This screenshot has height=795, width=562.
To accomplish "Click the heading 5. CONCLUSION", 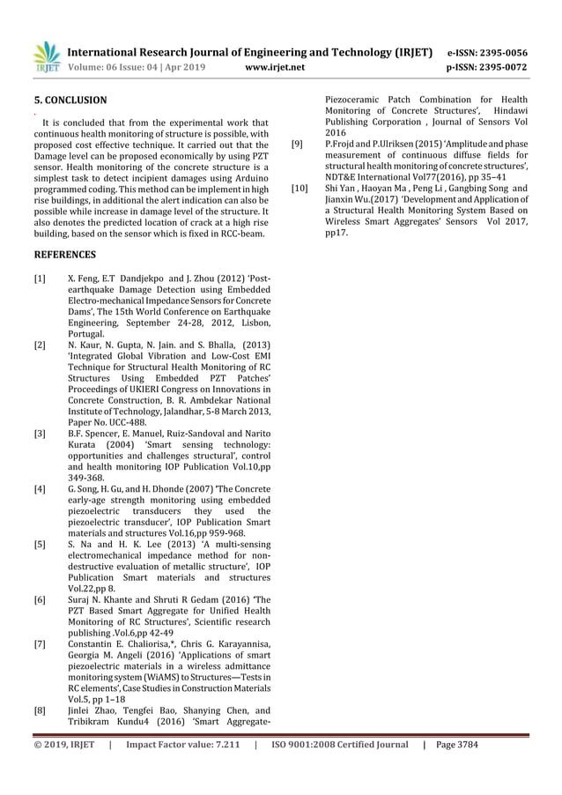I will pyautogui.click(x=70, y=100).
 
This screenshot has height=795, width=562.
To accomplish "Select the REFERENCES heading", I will pyautogui.click(x=64, y=255).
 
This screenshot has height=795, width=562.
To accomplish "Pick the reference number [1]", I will pyautogui.click(x=40, y=279).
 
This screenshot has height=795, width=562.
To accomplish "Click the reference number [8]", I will pyautogui.click(x=40, y=710).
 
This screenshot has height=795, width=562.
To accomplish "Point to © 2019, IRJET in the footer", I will pyautogui.click(x=63, y=745).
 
